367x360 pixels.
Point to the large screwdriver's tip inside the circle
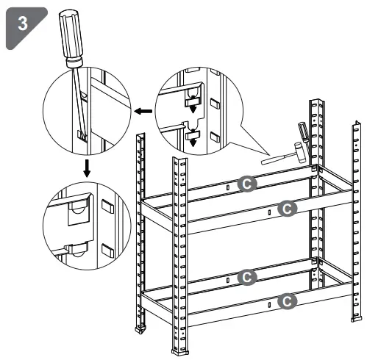coord(82,135)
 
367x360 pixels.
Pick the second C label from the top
coord(288,208)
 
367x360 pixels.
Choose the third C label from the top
coord(248,277)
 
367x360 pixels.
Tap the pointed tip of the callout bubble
coord(262,153)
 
